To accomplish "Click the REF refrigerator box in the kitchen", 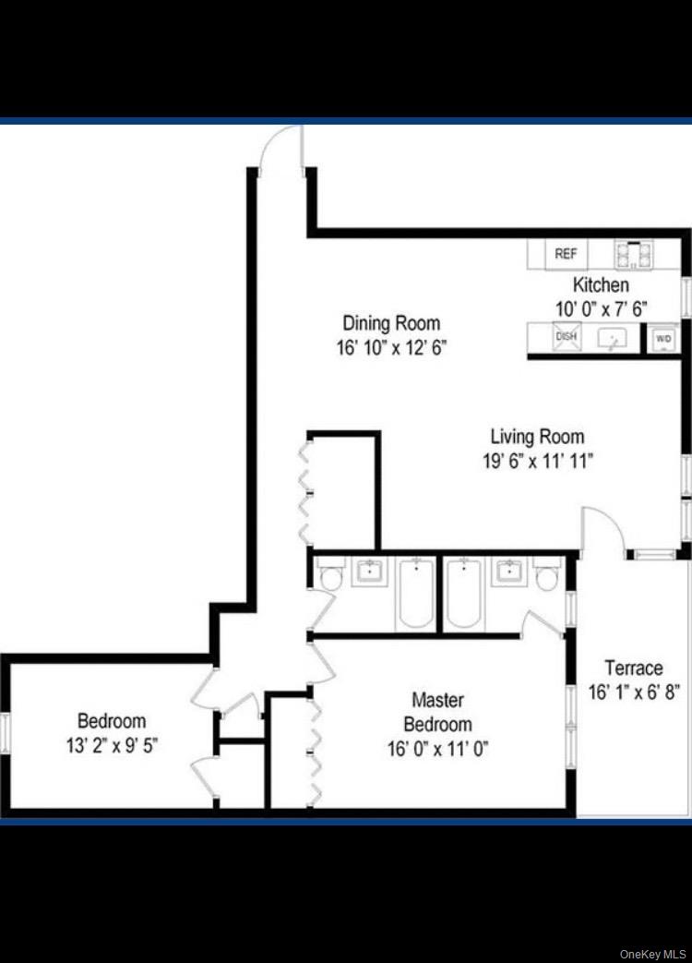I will pos(566,254).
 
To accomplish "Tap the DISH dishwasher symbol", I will pos(566,337).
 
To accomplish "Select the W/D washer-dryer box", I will pos(663,339).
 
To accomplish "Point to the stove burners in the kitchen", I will pos(634,254).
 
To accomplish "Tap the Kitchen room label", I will pos(601,285).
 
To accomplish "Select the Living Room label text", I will pos(536,437).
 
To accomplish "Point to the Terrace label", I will pos(633,668).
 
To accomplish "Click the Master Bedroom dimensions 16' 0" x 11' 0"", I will pos(437,748).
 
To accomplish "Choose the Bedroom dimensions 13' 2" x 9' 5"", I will pos(112,744).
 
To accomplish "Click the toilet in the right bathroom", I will pos(547,577).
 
